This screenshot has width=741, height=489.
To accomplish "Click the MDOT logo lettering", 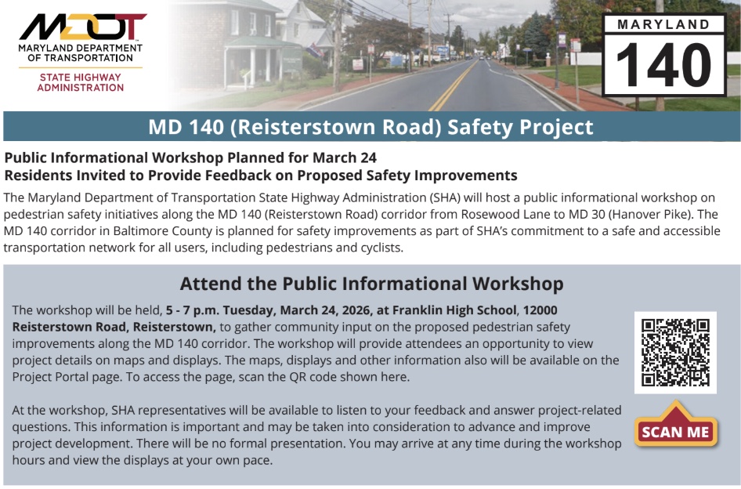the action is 83,27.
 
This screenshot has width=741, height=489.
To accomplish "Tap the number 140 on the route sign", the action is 664,65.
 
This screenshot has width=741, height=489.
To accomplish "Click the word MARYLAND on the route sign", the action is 663,24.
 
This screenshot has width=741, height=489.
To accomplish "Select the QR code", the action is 675,353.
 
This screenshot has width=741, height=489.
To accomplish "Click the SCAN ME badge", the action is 676,425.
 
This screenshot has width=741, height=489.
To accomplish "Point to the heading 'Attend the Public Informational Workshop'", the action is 371,284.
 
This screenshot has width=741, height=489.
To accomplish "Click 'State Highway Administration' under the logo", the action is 81,82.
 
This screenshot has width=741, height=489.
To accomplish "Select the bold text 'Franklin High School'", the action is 454,310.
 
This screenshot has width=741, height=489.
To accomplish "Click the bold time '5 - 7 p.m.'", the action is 192,310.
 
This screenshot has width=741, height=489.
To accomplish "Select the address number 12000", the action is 540,310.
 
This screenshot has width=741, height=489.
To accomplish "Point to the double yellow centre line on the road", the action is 453,85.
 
